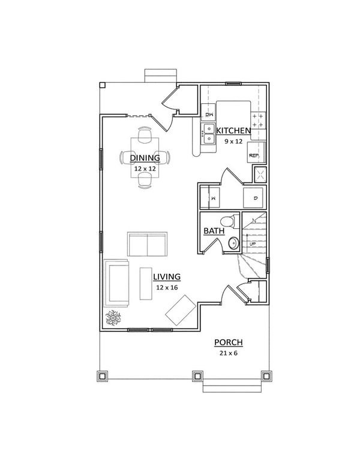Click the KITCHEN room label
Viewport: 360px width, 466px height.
233,131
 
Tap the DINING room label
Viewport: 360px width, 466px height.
145,159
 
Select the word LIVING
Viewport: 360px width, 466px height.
167,277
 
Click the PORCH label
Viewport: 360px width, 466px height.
228,343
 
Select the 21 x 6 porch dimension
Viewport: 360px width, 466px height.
228,354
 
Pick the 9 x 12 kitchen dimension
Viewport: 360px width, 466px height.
233,142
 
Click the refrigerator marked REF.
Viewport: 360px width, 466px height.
254,154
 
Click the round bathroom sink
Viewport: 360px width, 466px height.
233,243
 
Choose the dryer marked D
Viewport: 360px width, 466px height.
254,197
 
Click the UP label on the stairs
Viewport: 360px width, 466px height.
252,243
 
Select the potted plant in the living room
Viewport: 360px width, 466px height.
113,318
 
